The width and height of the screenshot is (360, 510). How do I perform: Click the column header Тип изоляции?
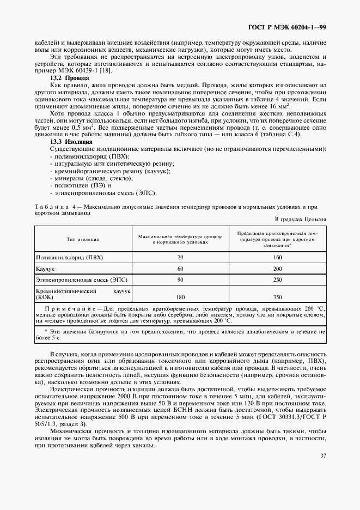tap(83, 239)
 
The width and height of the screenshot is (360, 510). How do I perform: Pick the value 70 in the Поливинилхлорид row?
tap(180, 256)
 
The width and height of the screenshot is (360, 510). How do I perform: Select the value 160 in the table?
tap(277, 256)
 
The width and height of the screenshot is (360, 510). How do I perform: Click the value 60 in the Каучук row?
tap(180, 269)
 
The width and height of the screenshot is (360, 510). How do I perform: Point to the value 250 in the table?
tap(277, 281)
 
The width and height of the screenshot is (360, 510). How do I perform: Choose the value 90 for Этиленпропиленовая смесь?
tap(180, 281)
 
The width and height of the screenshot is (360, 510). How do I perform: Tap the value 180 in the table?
tap(180, 297)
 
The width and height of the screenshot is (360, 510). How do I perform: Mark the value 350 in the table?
tap(277, 297)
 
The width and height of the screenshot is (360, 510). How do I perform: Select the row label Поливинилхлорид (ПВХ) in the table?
tap(69, 256)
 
